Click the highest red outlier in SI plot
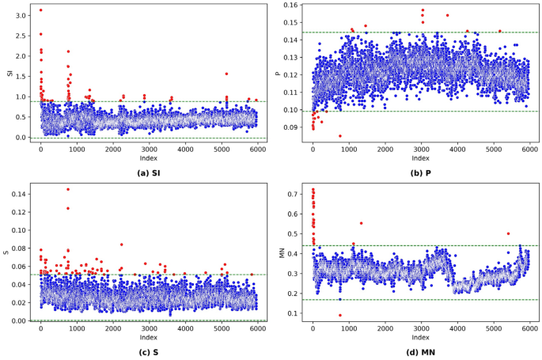pyautogui.click(x=41, y=10)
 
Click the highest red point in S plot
pyautogui.click(x=68, y=189)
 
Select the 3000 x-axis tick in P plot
pyautogui.click(x=421, y=150)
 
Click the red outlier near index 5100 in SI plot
pyautogui.click(x=226, y=74)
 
